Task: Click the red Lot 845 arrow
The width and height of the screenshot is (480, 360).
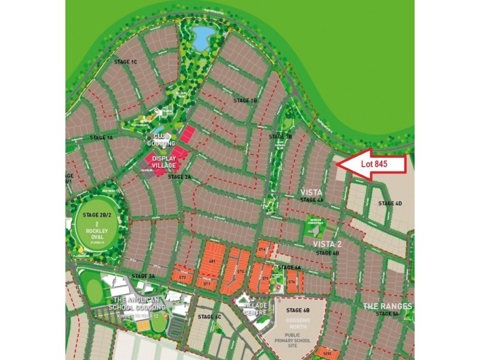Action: [x=373, y=164]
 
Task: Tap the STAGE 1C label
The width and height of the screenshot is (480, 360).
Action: [x=126, y=62]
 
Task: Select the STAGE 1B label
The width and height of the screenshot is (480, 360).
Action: [x=245, y=100]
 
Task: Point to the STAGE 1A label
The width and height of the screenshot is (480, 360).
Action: [x=101, y=137]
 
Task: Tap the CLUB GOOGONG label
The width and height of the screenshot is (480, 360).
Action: [x=161, y=140]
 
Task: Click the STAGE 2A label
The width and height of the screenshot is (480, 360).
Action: [x=179, y=177]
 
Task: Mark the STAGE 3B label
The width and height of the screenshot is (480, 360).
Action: [x=280, y=137]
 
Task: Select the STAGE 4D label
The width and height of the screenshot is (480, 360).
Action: [x=390, y=203]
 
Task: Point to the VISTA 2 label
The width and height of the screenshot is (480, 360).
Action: [x=328, y=244]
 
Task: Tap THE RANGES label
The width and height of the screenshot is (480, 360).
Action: [x=388, y=306]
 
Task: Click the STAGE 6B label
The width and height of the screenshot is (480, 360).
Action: [x=298, y=310]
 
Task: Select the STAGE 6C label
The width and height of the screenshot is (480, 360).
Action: [x=209, y=316]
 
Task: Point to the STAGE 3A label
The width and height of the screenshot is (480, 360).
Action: [x=143, y=276]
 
